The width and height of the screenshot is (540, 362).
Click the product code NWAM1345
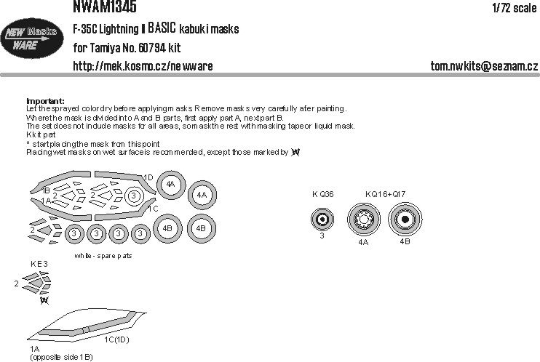[x=106, y=7]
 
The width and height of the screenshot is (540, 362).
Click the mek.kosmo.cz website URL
[x=143, y=67]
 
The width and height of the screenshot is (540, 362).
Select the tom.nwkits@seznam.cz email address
[x=483, y=67]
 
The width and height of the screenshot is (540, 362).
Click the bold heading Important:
[x=45, y=101]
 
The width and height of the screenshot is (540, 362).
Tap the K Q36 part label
[x=323, y=193]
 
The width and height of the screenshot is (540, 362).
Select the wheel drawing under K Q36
[x=321, y=217]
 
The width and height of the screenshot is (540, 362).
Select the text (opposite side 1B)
[x=61, y=358]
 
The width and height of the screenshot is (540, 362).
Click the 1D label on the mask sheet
[x=148, y=177]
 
